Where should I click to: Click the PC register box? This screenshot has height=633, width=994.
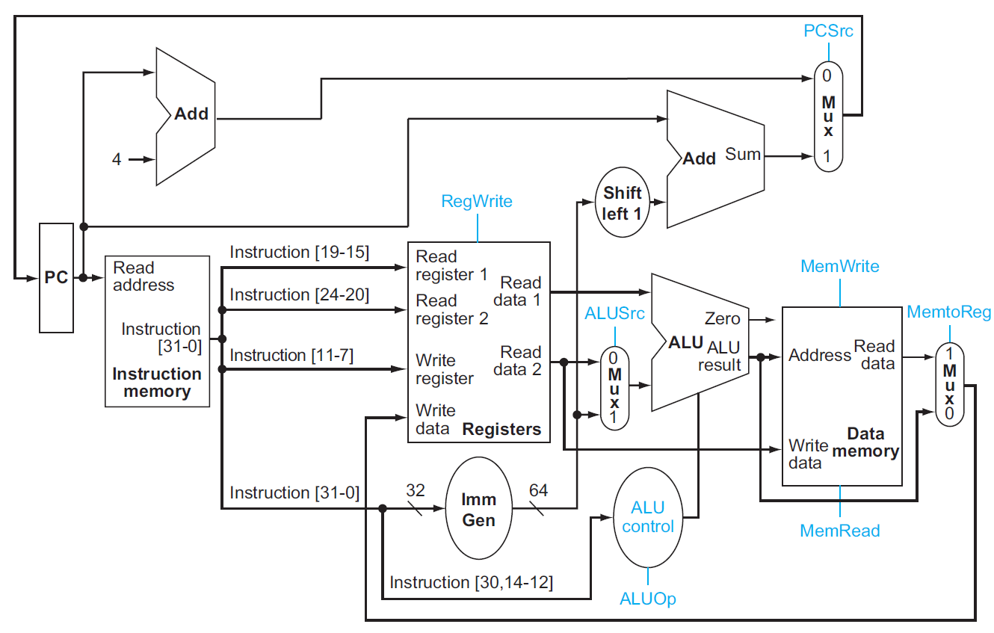(56, 277)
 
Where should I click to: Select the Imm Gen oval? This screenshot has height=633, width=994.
(479, 509)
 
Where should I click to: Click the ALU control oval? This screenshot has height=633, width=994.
(647, 517)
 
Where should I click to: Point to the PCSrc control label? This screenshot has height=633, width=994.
(828, 31)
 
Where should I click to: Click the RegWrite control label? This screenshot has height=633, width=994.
(477, 201)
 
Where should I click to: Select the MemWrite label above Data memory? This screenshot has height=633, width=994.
(839, 266)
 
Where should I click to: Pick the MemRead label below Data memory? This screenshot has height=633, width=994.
(839, 531)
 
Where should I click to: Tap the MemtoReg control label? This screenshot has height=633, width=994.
(948, 312)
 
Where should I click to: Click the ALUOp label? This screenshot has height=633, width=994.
(647, 599)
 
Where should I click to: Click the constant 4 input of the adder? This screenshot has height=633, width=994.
(117, 159)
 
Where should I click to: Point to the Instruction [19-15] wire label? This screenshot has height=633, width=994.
(300, 252)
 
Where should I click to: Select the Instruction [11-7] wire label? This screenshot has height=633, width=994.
(291, 355)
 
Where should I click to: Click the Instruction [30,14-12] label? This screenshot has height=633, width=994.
(471, 582)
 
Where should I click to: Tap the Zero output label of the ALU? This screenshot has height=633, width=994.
(722, 319)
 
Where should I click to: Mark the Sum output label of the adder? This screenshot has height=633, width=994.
(743, 155)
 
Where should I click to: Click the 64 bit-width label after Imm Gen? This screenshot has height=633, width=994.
(538, 490)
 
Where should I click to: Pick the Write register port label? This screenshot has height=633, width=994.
(445, 369)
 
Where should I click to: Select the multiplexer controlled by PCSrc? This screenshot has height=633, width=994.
(827, 116)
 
